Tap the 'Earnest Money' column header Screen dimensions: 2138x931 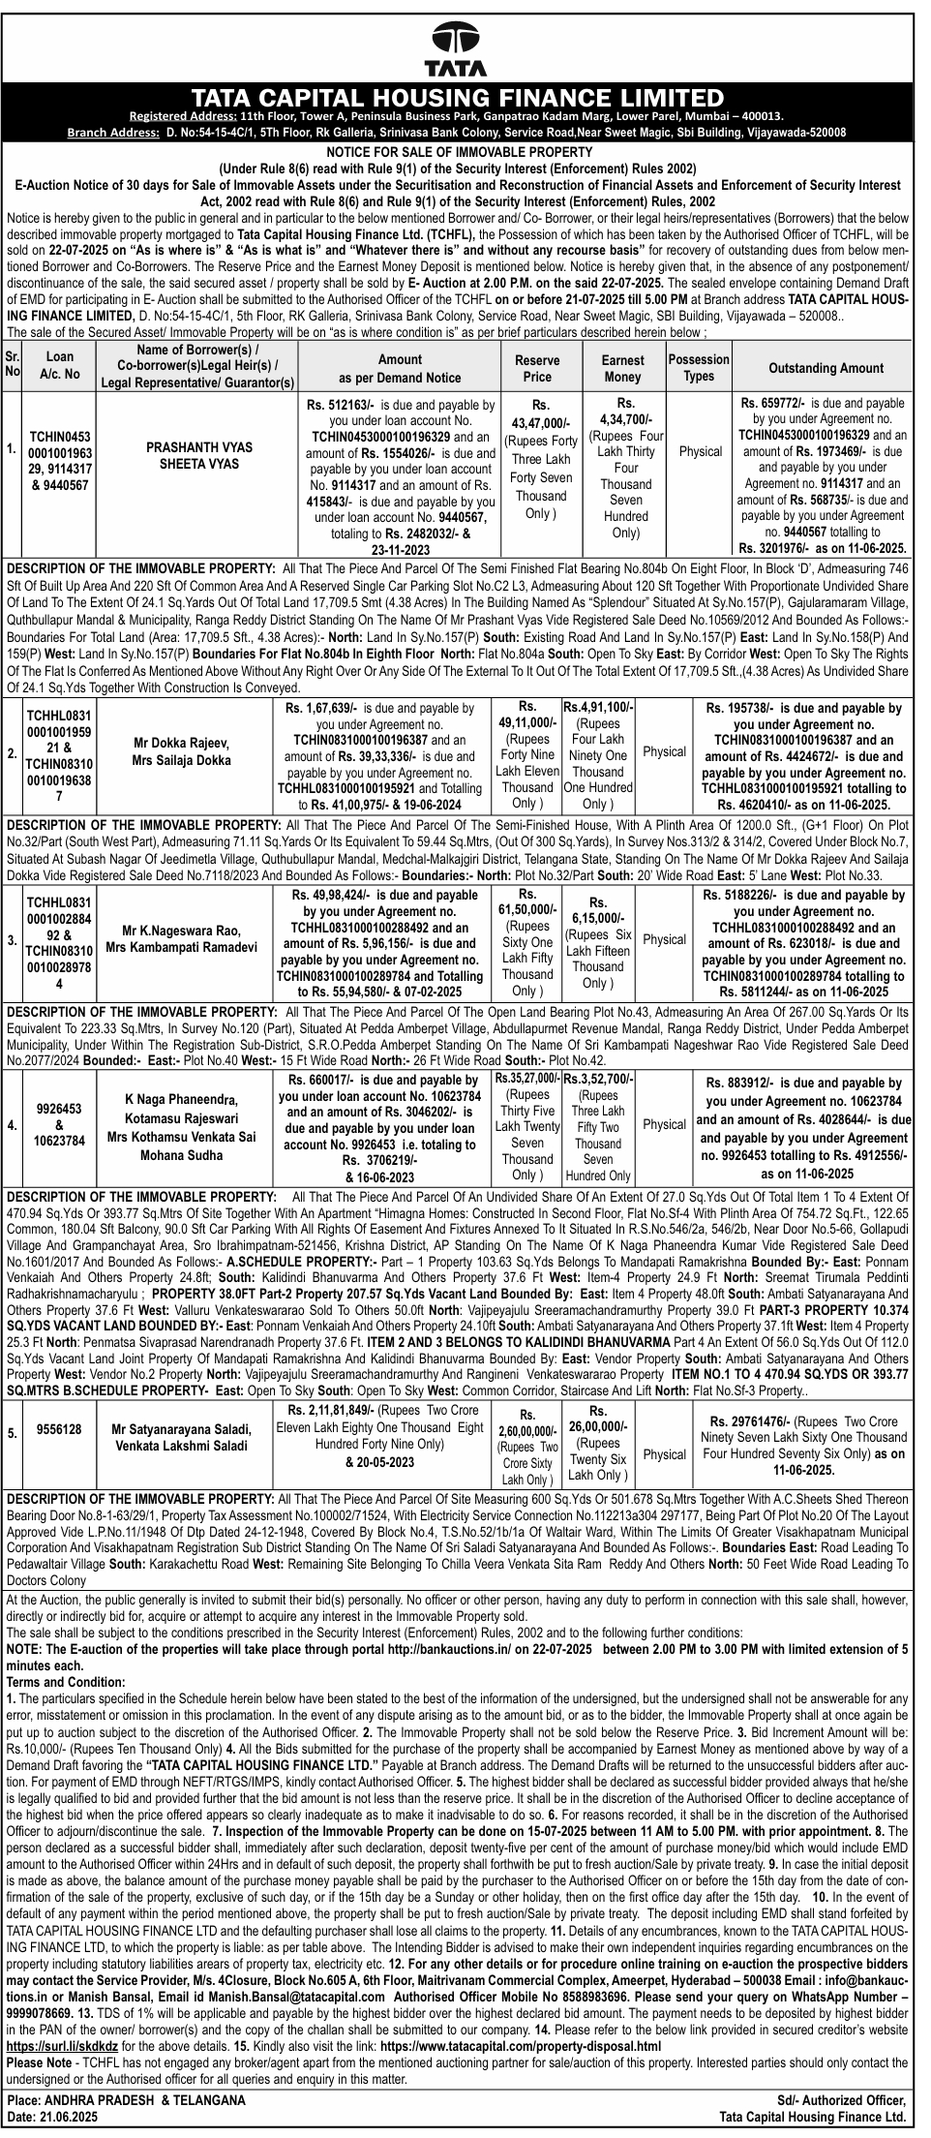click(621, 367)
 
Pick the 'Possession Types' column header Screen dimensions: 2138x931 click(699, 367)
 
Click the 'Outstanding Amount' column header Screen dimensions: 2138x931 click(826, 368)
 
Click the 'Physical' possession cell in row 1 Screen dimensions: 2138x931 click(700, 451)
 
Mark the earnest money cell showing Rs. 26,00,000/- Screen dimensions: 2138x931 click(598, 1443)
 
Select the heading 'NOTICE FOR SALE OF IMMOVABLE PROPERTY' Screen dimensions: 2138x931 click(459, 151)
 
